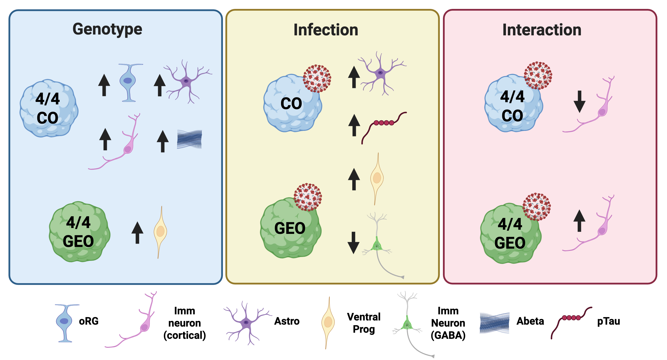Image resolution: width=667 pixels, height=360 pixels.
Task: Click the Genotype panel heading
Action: coord(107,29)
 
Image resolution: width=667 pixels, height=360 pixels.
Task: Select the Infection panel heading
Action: coord(326,30)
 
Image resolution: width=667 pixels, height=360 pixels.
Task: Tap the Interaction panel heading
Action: coord(542,30)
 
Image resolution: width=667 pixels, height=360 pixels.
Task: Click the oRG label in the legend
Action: coord(89,321)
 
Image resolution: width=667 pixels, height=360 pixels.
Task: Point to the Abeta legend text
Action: coord(530,321)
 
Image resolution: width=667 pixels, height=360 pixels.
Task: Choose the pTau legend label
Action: coord(609,321)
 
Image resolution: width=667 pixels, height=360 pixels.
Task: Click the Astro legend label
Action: coord(287,321)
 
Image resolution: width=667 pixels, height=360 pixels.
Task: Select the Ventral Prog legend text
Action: coord(364,323)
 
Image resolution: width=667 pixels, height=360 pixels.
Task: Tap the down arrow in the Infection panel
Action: coord(353,243)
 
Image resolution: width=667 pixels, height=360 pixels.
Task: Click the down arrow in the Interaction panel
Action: coord(579,101)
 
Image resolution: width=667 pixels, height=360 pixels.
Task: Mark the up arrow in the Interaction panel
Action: coord(579,221)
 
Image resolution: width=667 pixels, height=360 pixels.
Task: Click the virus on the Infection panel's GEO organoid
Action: coord(308,197)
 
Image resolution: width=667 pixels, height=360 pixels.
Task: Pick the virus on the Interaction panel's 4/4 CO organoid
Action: coord(538,75)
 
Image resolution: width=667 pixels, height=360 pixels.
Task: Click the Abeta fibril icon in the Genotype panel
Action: coord(189,139)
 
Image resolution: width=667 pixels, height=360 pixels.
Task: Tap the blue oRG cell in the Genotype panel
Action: coord(128,82)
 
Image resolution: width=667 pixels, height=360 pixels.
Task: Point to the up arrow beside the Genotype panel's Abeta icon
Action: coord(163,141)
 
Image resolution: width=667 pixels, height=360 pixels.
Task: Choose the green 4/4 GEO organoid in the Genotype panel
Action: coord(79,232)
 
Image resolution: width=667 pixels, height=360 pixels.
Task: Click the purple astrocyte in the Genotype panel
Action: coord(186,81)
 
